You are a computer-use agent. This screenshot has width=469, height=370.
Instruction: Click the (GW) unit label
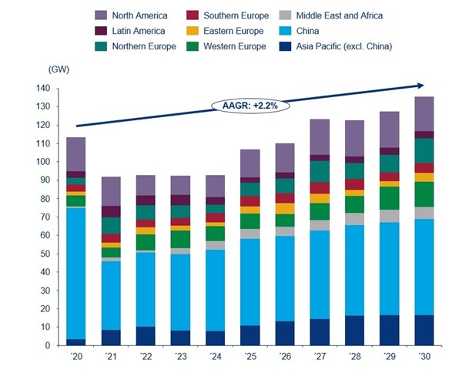[x=59, y=69]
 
